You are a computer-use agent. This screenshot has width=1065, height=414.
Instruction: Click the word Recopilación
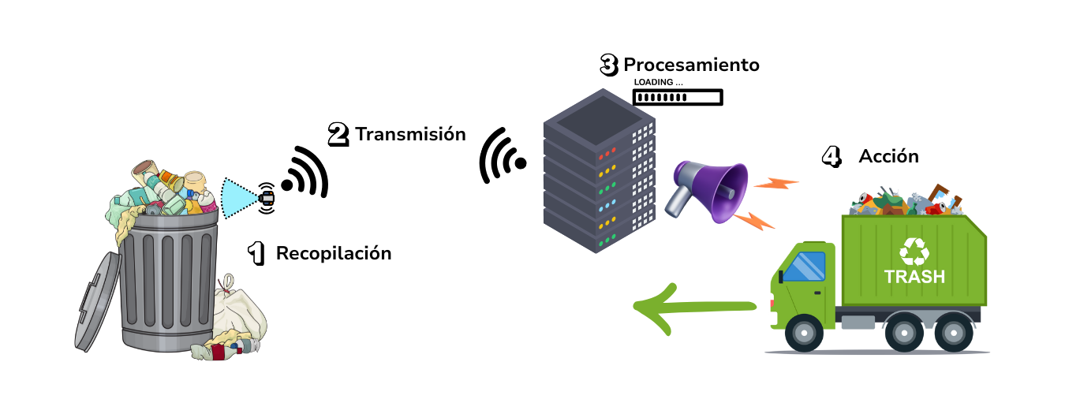333,254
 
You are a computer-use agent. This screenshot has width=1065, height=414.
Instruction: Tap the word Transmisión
410,134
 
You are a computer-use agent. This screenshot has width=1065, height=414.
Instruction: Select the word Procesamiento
691,65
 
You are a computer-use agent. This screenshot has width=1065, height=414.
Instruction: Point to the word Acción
888,156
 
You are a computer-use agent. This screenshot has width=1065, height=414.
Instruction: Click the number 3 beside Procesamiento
608,65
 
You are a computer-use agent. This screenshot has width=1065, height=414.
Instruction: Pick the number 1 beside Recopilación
256,254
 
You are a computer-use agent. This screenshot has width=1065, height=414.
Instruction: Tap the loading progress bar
678,98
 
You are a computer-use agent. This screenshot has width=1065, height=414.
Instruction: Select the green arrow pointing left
694,308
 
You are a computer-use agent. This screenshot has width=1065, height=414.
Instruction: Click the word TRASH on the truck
914,277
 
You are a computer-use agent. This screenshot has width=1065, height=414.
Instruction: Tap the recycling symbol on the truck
914,251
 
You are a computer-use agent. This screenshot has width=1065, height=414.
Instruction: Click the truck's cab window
803,266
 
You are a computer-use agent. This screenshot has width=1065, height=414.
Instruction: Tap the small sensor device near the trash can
267,196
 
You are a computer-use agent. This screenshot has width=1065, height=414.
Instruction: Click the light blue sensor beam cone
238,197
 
